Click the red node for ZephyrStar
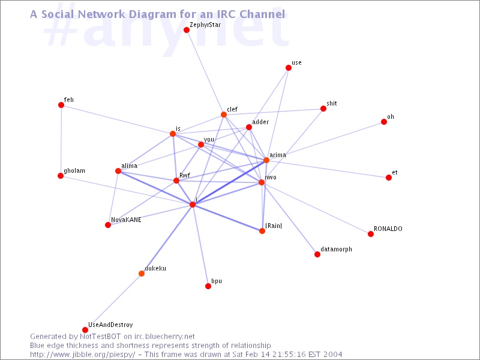coord(187,30)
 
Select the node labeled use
coord(289,68)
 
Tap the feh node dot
coord(61,105)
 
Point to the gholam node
coord(61,176)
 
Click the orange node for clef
coord(224,115)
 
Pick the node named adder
coord(249,127)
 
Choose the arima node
coord(266,160)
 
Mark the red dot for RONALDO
coord(371,234)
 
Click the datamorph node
coord(317,254)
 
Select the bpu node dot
coord(208,286)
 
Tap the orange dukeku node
coord(142,274)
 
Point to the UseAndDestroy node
coord(85,330)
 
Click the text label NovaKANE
coord(126,220)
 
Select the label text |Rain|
coord(274,226)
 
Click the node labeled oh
coord(384,122)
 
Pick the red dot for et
coord(389,178)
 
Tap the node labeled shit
coord(323,109)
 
